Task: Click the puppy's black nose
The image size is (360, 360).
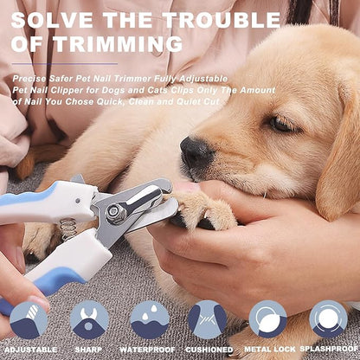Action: pyautogui.click(x=195, y=153)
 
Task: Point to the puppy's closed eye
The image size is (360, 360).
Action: pyautogui.click(x=281, y=125)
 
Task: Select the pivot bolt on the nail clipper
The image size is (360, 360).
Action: pyautogui.click(x=114, y=209)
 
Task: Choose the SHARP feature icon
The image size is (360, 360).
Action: pyautogui.click(x=89, y=319)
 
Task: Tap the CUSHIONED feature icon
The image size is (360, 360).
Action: pyautogui.click(x=208, y=319)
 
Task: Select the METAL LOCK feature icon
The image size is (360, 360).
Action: pyautogui.click(x=267, y=319)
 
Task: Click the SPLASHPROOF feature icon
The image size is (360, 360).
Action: pyautogui.click(x=328, y=319)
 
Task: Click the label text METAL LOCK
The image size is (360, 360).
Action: pyautogui.click(x=267, y=350)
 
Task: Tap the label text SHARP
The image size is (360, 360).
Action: pyautogui.click(x=89, y=350)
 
